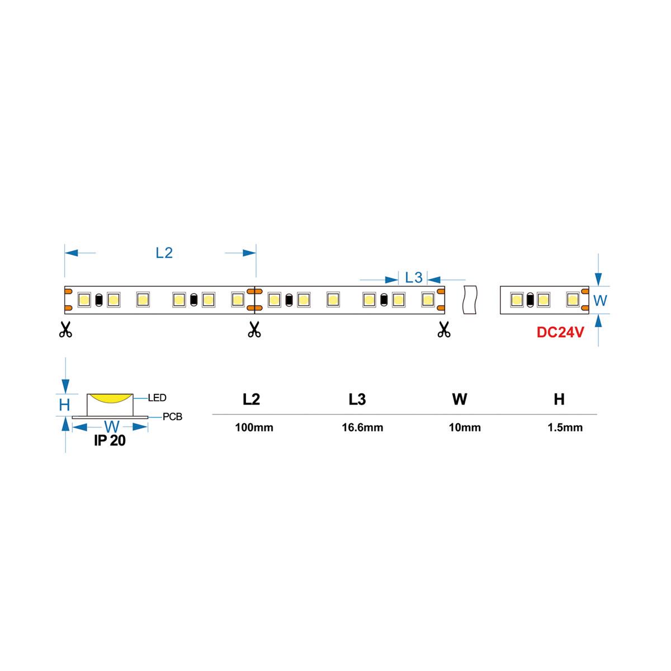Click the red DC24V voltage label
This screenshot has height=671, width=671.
(x=560, y=332)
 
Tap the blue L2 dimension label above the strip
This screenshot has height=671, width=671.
(x=164, y=253)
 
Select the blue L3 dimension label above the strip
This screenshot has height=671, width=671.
(x=414, y=277)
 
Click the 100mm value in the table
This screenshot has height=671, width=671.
(x=254, y=428)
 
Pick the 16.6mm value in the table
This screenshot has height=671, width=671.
(x=362, y=428)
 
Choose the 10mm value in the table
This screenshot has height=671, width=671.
(x=465, y=428)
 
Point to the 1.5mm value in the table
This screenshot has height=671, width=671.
(x=565, y=428)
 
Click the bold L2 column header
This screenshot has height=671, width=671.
(x=251, y=399)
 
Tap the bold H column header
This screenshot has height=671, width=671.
(x=559, y=399)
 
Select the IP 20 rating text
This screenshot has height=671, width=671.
(x=110, y=441)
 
